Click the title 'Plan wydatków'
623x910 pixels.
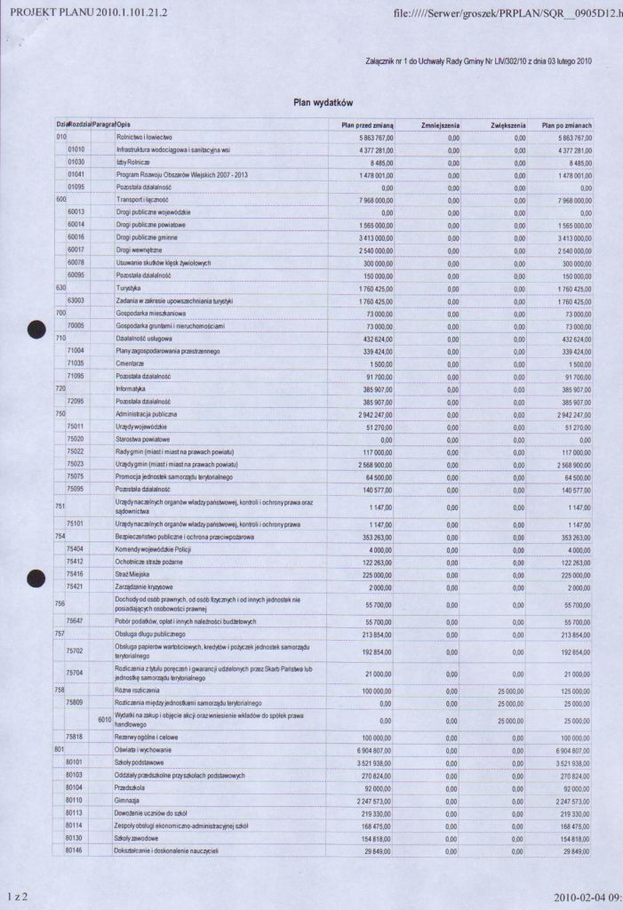click(x=323, y=103)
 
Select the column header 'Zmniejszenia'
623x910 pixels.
click(x=440, y=125)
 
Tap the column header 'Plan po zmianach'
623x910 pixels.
click(x=567, y=125)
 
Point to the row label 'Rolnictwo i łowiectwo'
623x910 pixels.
click(x=143, y=138)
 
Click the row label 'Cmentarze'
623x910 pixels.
click(x=130, y=363)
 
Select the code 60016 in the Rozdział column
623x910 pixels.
click(x=76, y=238)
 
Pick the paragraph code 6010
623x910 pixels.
click(x=103, y=718)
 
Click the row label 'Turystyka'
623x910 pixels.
click(x=130, y=289)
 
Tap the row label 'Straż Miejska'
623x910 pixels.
click(x=134, y=575)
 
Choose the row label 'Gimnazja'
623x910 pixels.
click(x=129, y=800)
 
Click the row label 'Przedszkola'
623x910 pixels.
click(x=132, y=787)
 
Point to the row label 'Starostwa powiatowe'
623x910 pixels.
click(x=142, y=439)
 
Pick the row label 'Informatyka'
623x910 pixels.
click(x=131, y=389)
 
